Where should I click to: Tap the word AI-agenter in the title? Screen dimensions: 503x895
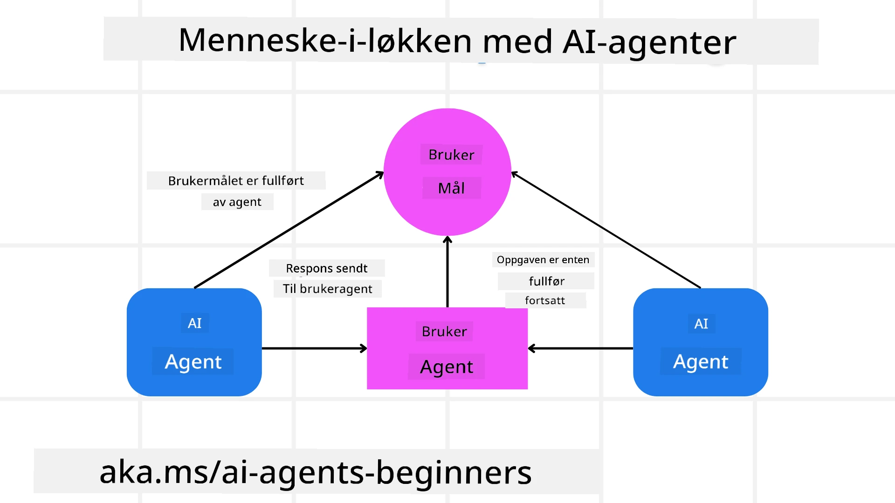coord(649,42)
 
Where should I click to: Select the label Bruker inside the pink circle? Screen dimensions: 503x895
coord(451,155)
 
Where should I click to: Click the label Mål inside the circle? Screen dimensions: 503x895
coord(451,188)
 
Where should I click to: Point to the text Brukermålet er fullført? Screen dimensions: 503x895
coord(235,181)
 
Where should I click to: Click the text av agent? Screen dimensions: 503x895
coord(237,202)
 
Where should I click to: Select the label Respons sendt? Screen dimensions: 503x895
coord(326,268)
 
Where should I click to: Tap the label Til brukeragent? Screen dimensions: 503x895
coord(327,289)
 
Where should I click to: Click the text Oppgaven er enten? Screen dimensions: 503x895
coord(543,260)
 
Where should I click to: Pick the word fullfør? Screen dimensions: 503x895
coord(546,281)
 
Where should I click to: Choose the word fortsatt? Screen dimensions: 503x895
coord(544,300)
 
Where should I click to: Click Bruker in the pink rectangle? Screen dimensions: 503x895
coord(444,332)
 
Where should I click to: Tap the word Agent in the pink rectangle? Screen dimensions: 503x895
coord(446,367)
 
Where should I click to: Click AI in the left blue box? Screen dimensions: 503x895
coord(194,323)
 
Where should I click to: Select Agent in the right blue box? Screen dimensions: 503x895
coord(700,362)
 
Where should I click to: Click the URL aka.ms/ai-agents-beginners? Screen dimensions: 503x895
coord(315,472)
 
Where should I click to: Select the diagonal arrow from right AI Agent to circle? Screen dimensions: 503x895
coord(606,231)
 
